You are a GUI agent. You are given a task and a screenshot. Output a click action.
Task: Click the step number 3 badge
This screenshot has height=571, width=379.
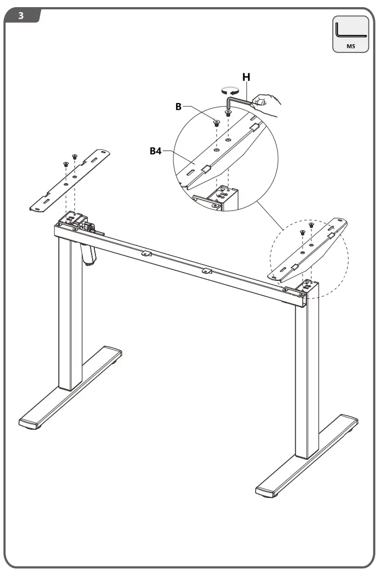(21, 15)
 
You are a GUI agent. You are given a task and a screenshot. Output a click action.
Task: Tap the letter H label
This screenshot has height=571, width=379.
(246, 77)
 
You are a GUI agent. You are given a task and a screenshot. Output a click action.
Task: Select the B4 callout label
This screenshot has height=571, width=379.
(157, 151)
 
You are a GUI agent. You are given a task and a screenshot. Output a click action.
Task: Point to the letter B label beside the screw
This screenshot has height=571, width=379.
(178, 107)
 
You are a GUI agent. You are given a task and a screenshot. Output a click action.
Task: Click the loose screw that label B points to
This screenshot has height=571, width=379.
(216, 123)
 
